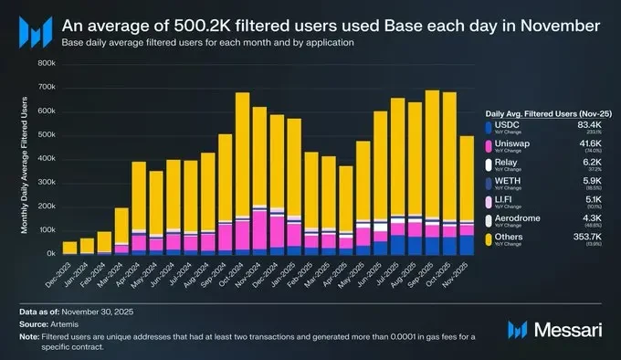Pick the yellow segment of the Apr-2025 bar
pyautogui.click(x=346, y=196)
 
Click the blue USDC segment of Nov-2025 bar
pyautogui.click(x=468, y=244)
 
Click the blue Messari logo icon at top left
pyautogui.click(x=35, y=34)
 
